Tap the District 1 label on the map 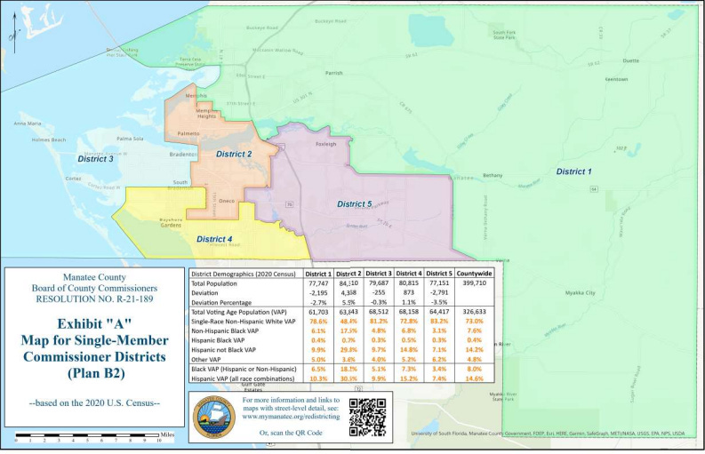573,171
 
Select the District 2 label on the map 235,155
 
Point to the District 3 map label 95,159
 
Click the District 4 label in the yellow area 214,239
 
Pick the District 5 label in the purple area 354,204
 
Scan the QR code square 367,417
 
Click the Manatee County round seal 214,417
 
